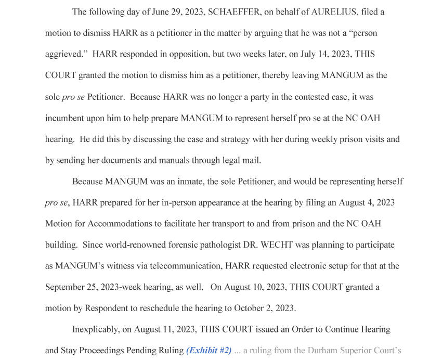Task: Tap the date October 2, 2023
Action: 265,308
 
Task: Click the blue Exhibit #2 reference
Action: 209,351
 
